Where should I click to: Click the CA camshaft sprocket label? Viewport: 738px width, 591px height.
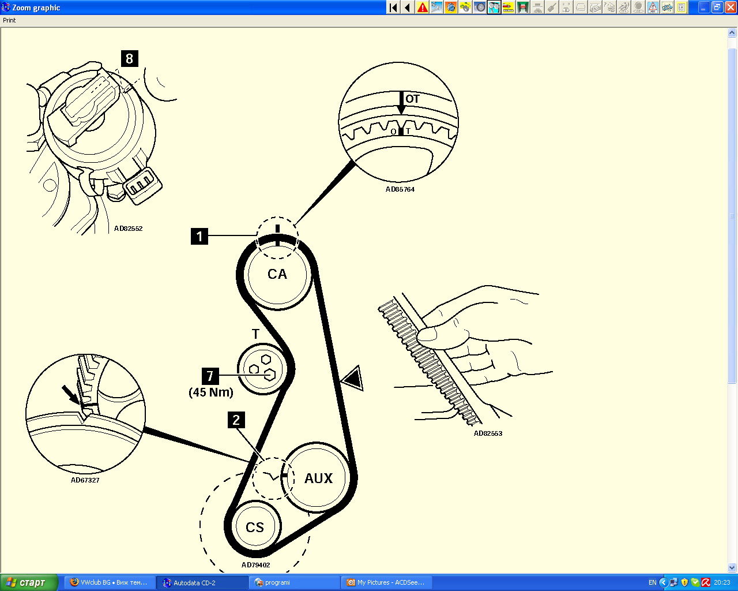tap(277, 274)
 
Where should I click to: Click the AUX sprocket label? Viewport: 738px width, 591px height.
tap(319, 478)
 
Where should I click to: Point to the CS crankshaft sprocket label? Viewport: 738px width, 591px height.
tap(255, 527)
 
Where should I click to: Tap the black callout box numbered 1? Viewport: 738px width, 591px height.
tap(199, 236)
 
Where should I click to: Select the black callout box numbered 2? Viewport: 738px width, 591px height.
tap(236, 420)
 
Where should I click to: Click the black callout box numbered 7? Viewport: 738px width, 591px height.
tap(210, 376)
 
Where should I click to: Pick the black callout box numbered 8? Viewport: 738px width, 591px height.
tap(130, 58)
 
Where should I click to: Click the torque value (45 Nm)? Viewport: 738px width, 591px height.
tap(211, 392)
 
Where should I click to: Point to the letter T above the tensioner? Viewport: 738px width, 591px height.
tap(256, 334)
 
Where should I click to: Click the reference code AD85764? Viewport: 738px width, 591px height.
tap(400, 189)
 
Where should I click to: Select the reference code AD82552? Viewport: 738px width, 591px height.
tap(128, 229)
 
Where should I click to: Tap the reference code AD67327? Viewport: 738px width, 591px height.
tap(85, 480)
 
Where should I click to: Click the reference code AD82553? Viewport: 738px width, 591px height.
tap(488, 433)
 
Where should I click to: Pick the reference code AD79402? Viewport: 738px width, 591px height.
tap(255, 565)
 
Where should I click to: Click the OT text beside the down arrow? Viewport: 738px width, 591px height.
tap(412, 99)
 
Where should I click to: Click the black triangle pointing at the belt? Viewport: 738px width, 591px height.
tap(353, 378)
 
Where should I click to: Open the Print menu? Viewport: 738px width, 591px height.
tap(9, 20)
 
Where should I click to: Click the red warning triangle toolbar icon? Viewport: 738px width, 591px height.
tap(423, 7)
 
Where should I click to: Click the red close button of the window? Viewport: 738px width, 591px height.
tap(731, 7)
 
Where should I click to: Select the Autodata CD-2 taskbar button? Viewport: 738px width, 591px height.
tap(202, 582)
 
